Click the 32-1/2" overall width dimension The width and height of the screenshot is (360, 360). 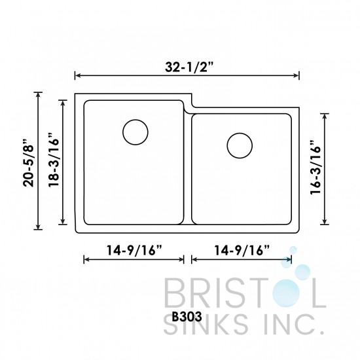pos(187,65)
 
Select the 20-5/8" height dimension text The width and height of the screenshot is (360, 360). pos(27,162)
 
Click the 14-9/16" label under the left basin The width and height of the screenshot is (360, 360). pos(134,249)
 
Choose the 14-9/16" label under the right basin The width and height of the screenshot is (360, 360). pos(241,249)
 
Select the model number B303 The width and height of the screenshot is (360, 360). pos(186,314)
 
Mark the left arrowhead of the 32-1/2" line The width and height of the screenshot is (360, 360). pos(77,75)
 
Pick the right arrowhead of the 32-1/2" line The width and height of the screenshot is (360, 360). pos(298,75)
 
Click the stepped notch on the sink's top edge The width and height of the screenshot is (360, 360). pos(190,107)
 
